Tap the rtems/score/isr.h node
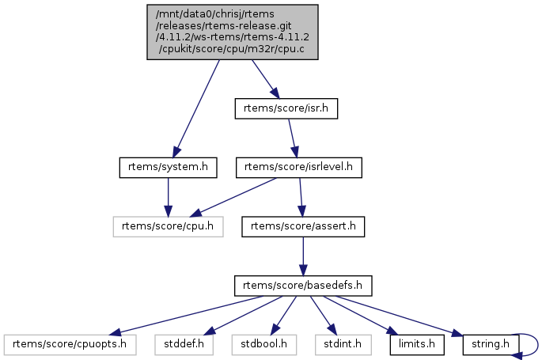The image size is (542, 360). click(x=286, y=108)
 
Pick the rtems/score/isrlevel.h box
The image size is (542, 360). click(x=300, y=167)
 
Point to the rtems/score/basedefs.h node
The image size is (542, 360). click(x=303, y=285)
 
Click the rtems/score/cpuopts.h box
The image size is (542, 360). click(x=70, y=344)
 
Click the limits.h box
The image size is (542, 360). click(x=415, y=344)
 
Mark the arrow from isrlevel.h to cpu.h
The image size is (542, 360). click(x=237, y=197)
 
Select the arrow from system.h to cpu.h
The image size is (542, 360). click(x=167, y=197)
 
